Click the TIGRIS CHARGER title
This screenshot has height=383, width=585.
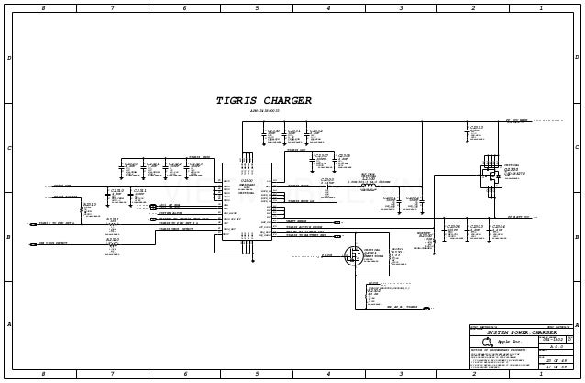(x=263, y=101)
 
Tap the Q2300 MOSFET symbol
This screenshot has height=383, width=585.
(x=490, y=177)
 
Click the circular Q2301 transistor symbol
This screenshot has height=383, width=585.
(x=353, y=255)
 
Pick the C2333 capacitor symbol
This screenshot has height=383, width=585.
(x=466, y=133)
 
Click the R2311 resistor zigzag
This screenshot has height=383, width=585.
(x=112, y=226)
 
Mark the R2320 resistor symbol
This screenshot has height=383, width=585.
(x=112, y=245)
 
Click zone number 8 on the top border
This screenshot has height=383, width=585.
(x=43, y=8)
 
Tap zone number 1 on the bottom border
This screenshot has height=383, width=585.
(x=541, y=374)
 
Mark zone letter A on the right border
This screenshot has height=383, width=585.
(x=576, y=324)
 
